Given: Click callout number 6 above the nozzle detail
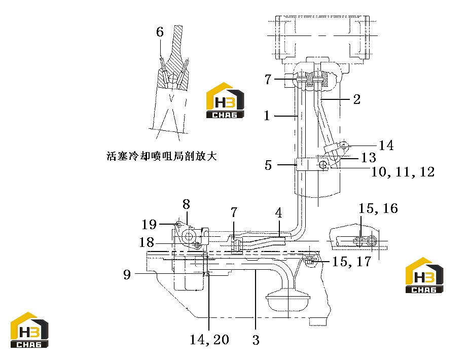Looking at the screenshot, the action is coord(160,32).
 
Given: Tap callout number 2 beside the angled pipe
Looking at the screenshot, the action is coord(357,99).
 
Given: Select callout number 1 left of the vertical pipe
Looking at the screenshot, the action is coord(267,116).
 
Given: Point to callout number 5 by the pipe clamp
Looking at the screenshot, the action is coord(268,165).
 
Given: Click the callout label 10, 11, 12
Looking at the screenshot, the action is coord(403,172).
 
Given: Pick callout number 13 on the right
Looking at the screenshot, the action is coord(369,158).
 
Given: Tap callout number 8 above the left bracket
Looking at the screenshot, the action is coord(187,204).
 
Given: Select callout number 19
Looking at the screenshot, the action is coord(149,224).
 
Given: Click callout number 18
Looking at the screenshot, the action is coord(147,242).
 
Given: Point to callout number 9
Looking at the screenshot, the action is coord(127,274).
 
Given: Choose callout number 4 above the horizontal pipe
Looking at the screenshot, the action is coord(278,213).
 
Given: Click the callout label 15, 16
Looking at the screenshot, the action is coord(378,208).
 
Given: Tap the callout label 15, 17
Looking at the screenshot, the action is coord(352,261).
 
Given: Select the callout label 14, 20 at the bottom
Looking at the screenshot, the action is coord(209,339).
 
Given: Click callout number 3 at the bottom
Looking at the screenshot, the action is coord(256,340).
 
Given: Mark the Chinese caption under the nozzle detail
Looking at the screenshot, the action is coord(162,156).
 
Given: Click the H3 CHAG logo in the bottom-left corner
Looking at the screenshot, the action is coord(29,330).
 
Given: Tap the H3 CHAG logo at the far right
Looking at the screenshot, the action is coord(424,275).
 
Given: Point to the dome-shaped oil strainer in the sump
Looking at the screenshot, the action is coord(288,299).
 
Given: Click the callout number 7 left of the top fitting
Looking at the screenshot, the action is coord(268,79).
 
